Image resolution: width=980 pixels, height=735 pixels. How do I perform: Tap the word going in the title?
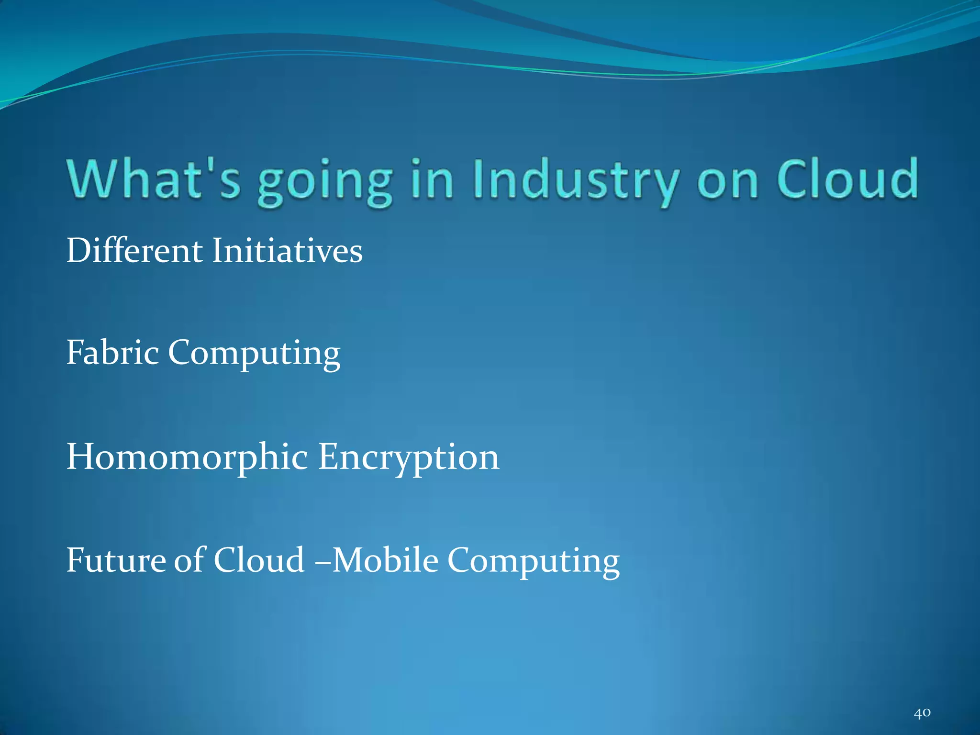(x=325, y=182)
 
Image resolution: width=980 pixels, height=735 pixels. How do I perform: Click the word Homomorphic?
(x=187, y=457)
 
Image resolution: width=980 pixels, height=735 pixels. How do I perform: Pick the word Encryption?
(x=409, y=458)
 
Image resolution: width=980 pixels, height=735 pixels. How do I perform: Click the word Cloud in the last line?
(x=259, y=560)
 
